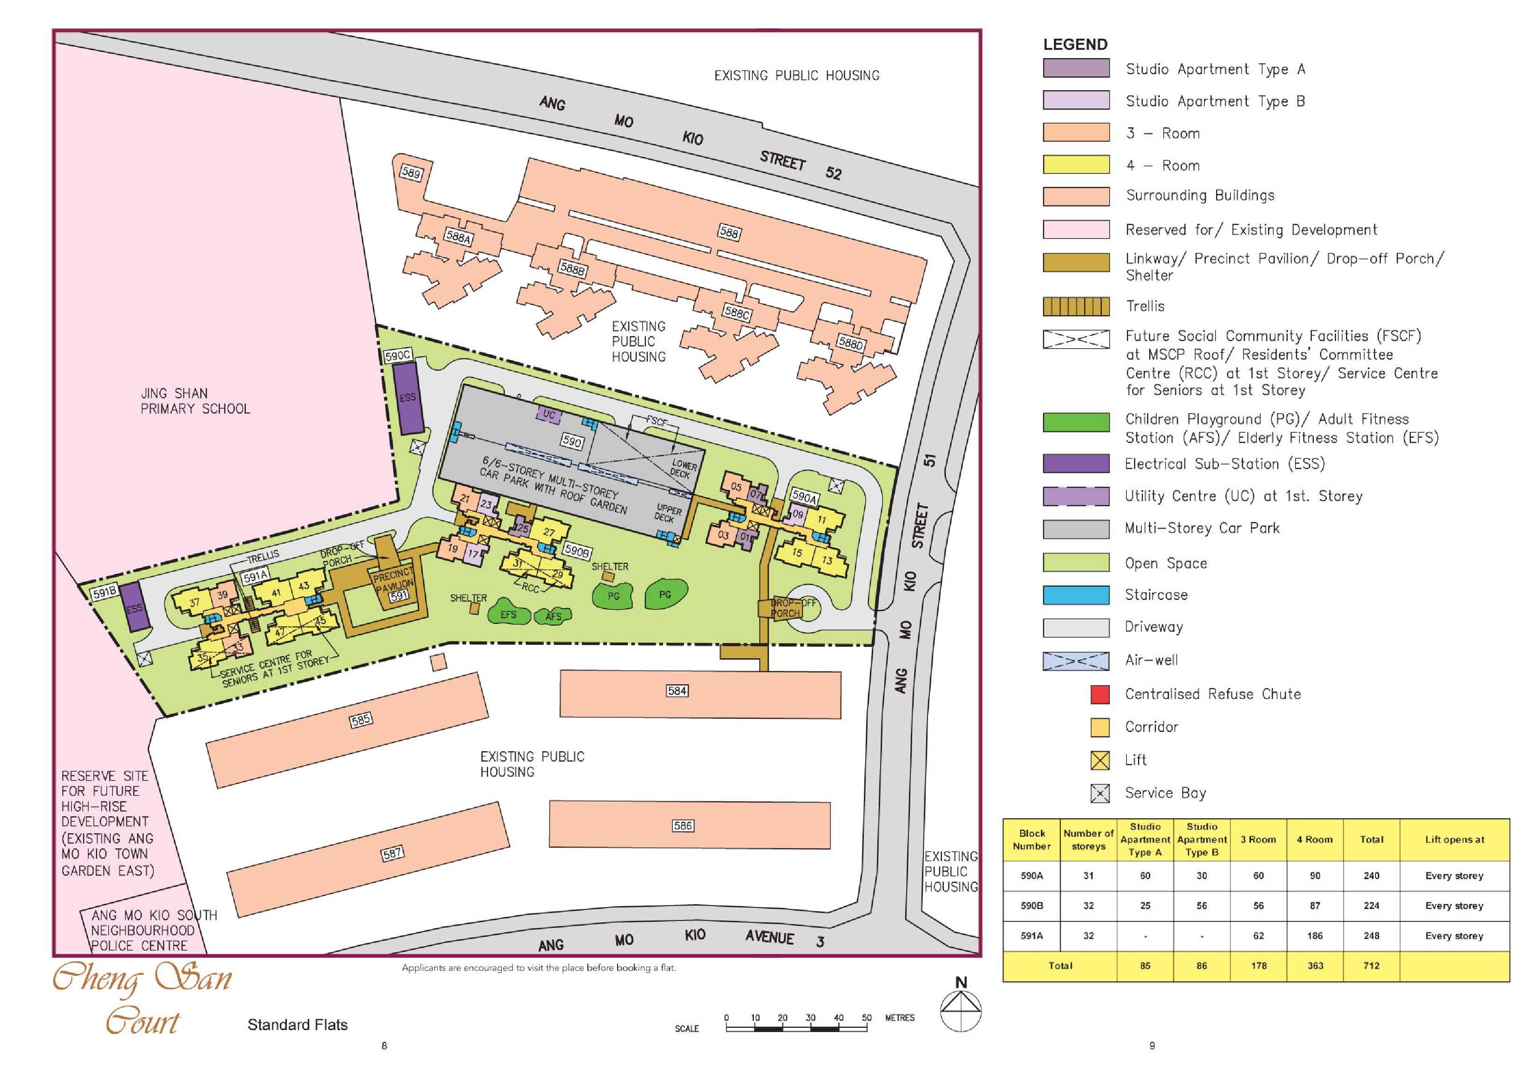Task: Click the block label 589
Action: tap(411, 173)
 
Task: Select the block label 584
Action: tap(677, 690)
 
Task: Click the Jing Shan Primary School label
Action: tap(195, 401)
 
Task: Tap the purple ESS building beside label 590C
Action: tap(408, 398)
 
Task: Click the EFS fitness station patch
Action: tap(508, 615)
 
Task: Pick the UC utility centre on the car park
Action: tap(549, 415)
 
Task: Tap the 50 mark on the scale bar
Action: tap(867, 1018)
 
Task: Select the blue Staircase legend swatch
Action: tap(1076, 595)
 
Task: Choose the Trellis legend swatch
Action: tap(1076, 306)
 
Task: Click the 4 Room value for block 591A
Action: tap(1315, 936)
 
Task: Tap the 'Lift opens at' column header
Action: tap(1454, 839)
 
